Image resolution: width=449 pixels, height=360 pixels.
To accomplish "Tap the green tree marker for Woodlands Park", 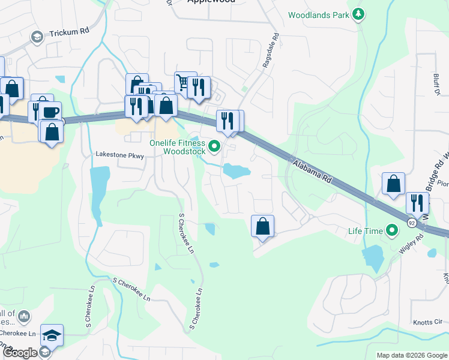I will click(358, 14).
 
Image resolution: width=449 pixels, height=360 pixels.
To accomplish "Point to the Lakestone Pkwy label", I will click(120, 155).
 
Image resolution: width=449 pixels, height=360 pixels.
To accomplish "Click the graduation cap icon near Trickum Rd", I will click(37, 37).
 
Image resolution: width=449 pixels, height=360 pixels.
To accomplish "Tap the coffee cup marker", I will click(50, 112).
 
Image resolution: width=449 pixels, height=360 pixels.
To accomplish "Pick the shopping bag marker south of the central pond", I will click(262, 227).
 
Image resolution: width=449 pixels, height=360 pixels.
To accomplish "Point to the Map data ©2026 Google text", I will click(412, 355).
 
